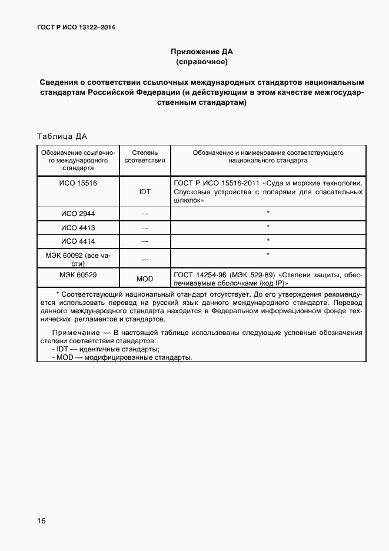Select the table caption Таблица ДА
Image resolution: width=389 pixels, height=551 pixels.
click(x=62, y=137)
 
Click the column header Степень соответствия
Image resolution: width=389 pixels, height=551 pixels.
click(x=145, y=156)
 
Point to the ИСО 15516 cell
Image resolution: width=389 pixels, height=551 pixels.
click(x=78, y=183)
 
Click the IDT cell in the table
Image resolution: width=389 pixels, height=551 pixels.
click(x=145, y=192)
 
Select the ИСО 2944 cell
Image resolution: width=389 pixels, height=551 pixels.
click(x=78, y=213)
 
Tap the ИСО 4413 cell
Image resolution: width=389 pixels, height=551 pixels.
click(x=78, y=227)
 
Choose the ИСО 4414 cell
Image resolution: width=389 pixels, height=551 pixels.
click(x=78, y=241)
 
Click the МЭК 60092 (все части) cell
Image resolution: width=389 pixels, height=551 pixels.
click(x=78, y=260)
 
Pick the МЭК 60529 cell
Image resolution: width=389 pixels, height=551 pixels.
click(x=78, y=275)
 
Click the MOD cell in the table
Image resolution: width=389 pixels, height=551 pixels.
click(x=145, y=279)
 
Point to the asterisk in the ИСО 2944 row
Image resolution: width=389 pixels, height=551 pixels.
click(x=268, y=213)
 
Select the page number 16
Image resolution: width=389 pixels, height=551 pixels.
click(x=41, y=521)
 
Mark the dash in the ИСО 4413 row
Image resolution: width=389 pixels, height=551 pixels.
click(x=145, y=228)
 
